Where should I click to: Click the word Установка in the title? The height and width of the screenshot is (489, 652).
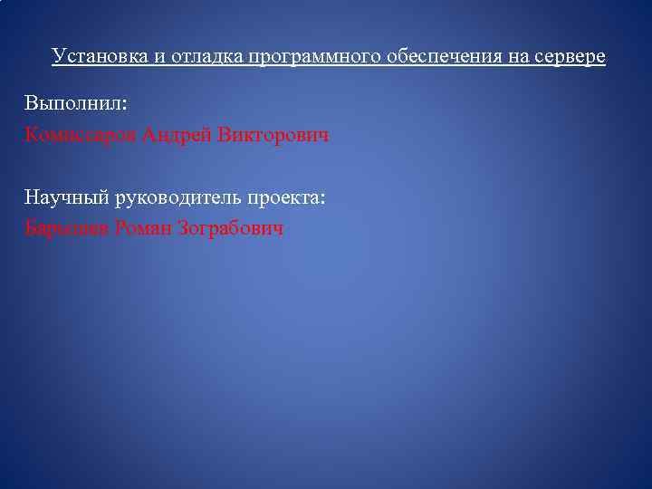[94, 56]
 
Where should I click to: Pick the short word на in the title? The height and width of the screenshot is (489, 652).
[511, 56]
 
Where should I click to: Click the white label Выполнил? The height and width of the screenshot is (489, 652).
[75, 103]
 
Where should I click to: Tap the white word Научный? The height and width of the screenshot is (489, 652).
[66, 197]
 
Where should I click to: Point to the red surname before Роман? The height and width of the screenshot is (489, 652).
[67, 228]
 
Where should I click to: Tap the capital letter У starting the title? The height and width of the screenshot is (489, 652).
[57, 56]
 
